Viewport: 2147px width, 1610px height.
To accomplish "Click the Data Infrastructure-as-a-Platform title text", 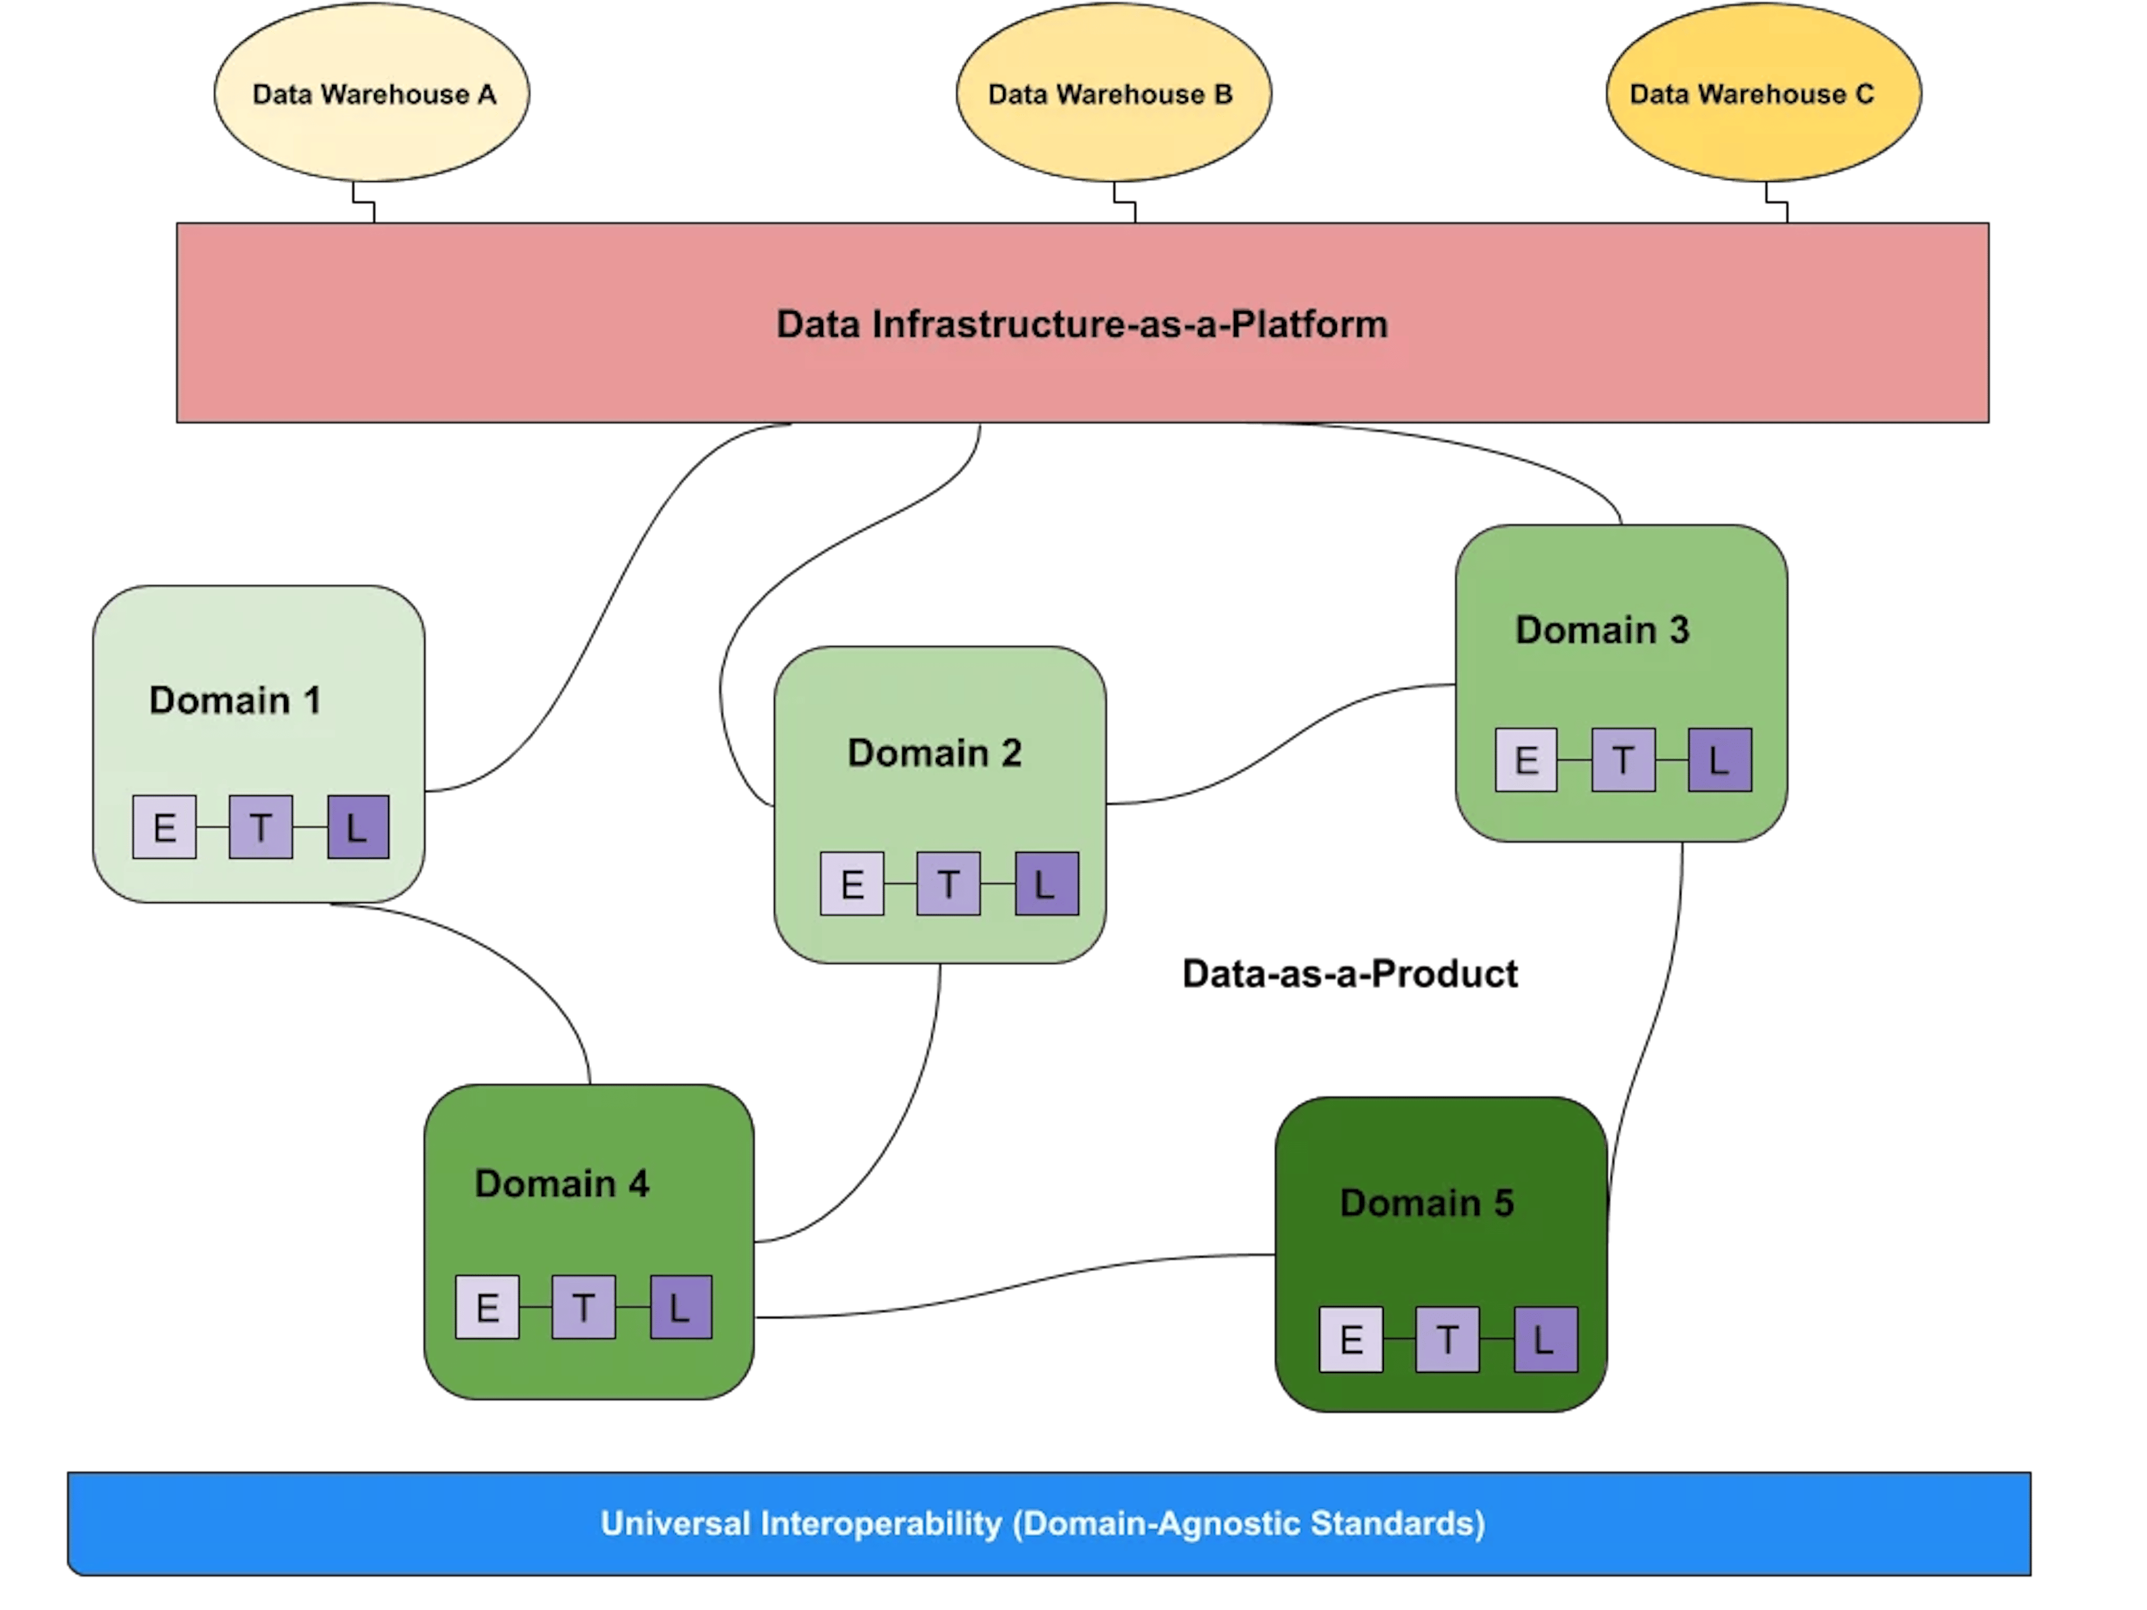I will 1081,324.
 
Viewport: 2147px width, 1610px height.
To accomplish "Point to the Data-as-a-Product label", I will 1349,973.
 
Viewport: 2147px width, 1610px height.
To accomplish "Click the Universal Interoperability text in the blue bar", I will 1042,1523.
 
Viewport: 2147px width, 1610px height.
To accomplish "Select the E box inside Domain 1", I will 164,827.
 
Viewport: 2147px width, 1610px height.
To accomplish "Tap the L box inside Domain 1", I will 358,827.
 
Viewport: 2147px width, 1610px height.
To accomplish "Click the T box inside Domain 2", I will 948,883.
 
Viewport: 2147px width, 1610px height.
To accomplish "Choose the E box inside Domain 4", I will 487,1307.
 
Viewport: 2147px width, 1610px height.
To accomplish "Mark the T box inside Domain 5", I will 1447,1339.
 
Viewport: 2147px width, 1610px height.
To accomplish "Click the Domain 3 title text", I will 1602,630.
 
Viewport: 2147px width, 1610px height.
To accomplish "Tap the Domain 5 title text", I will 1427,1204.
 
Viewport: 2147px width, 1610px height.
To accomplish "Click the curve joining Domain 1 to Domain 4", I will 505,961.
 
